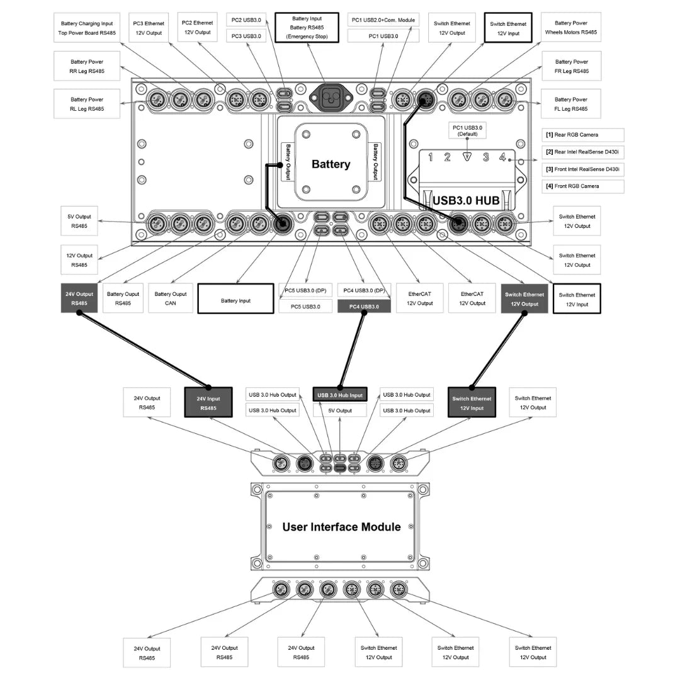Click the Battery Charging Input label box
point(87,28)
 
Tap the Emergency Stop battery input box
point(307,28)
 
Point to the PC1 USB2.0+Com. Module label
point(383,20)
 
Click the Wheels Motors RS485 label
point(570,28)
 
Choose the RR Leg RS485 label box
point(87,66)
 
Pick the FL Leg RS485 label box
point(571,104)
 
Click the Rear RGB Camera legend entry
point(583,135)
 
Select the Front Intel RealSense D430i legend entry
point(583,169)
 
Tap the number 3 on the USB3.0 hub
point(486,157)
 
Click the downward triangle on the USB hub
point(467,157)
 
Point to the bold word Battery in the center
point(331,164)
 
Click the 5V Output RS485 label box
point(79,221)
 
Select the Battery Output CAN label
point(171,298)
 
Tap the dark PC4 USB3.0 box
point(364,307)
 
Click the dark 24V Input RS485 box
point(208,403)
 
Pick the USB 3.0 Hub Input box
point(340,395)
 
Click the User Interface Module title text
point(341,527)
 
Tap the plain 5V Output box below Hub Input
point(340,411)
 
